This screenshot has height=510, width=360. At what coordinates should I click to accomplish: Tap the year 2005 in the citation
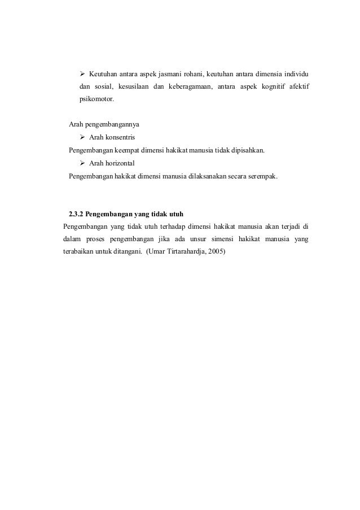click(216, 251)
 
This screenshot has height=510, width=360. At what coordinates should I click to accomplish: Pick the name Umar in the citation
click(156, 251)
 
